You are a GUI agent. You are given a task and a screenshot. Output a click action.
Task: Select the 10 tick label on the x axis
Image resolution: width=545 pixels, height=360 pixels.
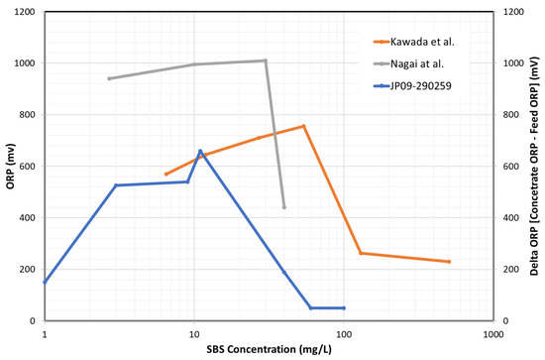point(194,334)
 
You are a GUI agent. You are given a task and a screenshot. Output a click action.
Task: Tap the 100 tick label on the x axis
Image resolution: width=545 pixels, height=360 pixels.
point(343,334)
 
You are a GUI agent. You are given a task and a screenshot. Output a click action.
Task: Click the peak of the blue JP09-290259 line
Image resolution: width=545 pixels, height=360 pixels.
point(200,151)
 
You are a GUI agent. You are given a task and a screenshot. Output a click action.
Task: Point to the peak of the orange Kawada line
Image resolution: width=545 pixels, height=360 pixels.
point(303,126)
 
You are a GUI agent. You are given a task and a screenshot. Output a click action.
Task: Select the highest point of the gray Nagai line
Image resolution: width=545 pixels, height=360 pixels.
point(265,60)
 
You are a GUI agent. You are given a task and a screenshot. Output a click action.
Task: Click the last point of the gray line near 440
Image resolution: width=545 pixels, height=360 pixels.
point(284,207)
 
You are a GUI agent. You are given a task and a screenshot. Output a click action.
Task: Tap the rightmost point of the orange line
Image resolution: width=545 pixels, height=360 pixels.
point(449,262)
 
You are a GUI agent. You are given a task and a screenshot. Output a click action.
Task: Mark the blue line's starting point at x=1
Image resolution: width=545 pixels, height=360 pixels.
point(45,283)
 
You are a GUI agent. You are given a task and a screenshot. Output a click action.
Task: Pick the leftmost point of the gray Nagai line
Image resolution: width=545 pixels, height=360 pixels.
point(109,78)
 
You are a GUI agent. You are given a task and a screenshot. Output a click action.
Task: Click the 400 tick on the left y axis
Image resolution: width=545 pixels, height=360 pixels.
point(27,218)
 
